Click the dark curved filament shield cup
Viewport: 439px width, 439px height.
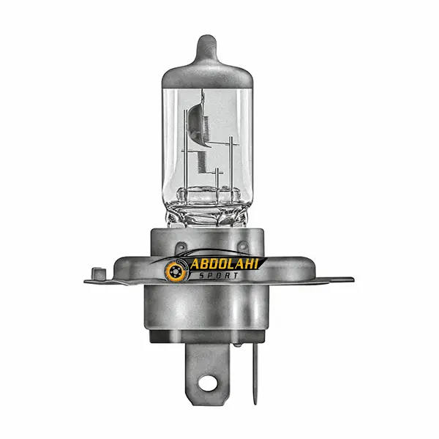point(196,123)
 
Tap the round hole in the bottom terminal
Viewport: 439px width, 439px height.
point(208,383)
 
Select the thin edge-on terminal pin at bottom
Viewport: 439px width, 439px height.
point(255,373)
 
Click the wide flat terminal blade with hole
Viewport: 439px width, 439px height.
point(208,375)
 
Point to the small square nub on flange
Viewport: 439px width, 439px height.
point(99,274)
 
